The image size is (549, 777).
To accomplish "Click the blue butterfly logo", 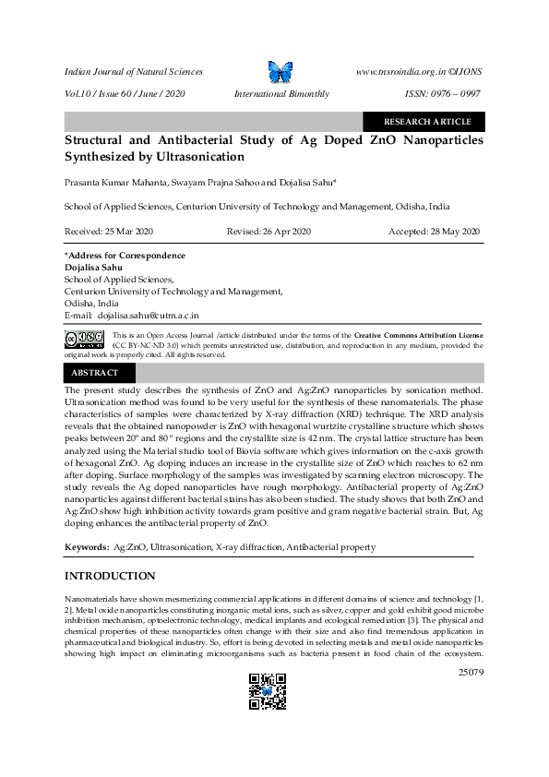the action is tap(279, 72).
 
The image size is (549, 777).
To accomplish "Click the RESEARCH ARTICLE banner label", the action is tap(426, 121).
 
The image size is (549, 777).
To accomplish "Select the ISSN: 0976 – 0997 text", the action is tap(443, 94).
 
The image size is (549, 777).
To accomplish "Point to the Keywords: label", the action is tap(87, 547).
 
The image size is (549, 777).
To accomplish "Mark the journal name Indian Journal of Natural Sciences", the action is tap(133, 71).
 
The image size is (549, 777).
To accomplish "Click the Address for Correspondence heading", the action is tap(125, 256).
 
